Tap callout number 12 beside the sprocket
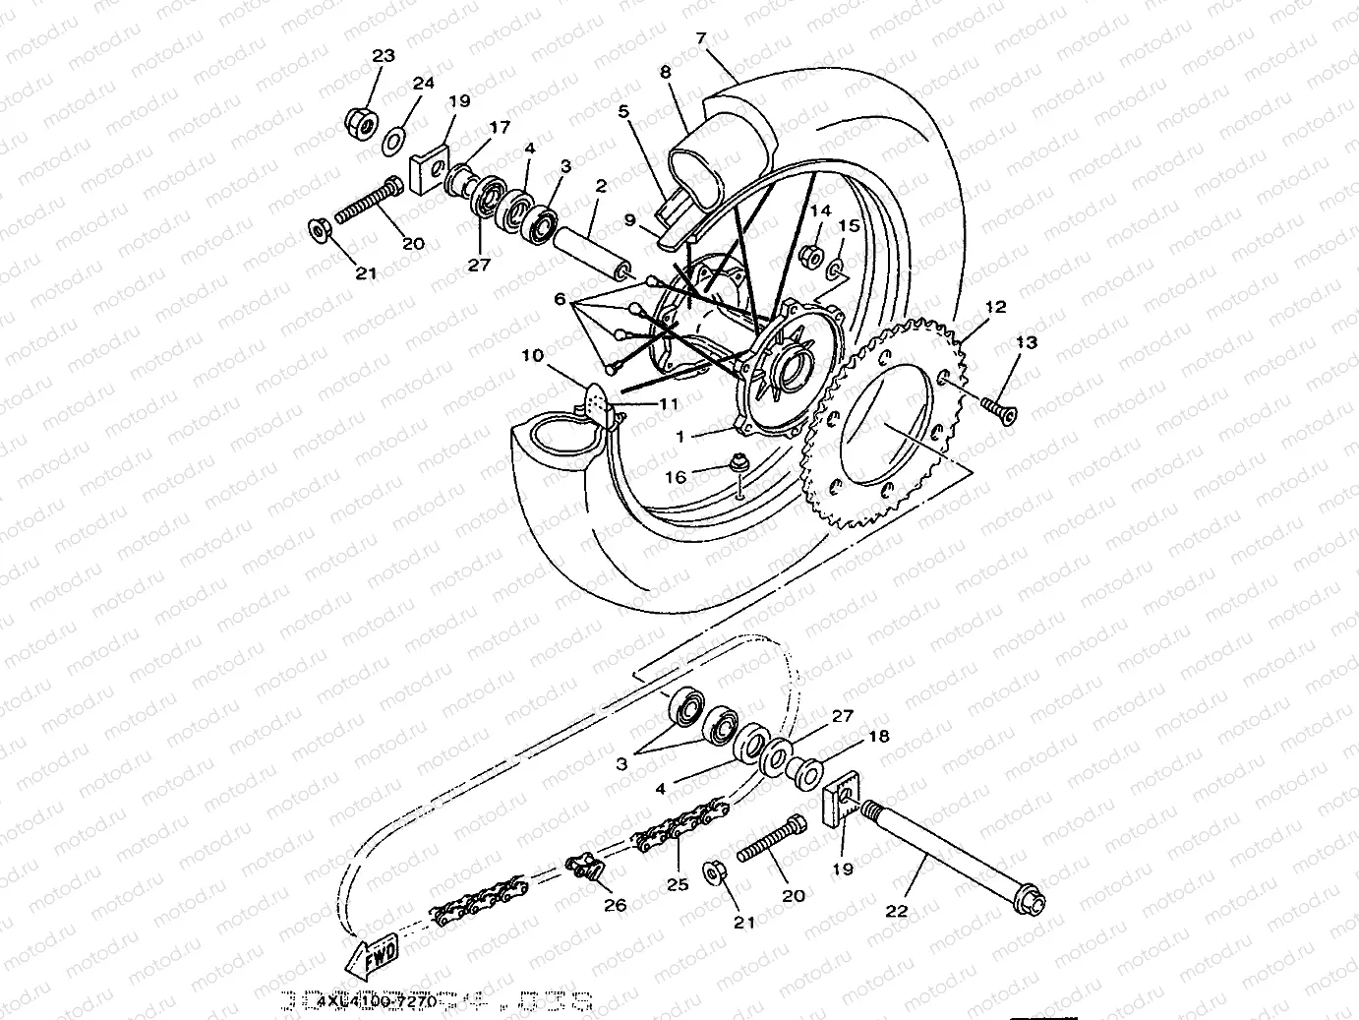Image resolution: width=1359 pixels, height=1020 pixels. tap(995, 307)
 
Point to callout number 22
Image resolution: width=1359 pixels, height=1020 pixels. tap(896, 911)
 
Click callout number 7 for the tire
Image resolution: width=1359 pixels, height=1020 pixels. tap(700, 38)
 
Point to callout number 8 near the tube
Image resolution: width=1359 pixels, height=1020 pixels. tap(666, 72)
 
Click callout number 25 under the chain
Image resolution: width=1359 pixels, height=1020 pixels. tap(678, 884)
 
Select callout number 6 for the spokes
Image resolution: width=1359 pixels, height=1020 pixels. tap(561, 299)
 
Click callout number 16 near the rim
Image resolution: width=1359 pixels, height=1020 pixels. tap(676, 477)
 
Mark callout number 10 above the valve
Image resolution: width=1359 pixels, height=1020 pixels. tap(532, 355)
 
